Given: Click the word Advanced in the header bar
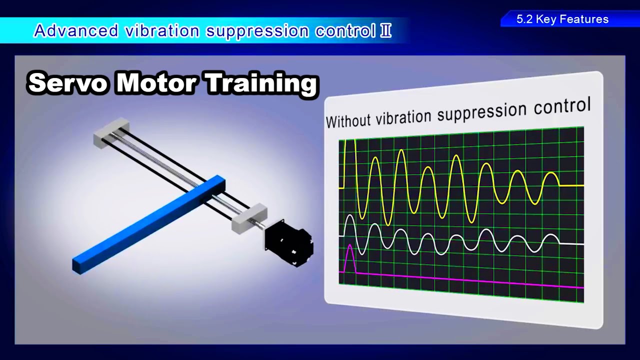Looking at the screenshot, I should click(x=75, y=31).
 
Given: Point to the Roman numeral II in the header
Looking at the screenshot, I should click(x=385, y=31).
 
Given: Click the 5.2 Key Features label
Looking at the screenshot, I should click(x=562, y=19).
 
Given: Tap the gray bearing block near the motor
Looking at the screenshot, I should click(x=248, y=218).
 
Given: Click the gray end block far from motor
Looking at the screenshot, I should click(x=111, y=132).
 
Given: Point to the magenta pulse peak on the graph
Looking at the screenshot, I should click(x=349, y=245).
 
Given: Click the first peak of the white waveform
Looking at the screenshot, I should click(x=350, y=216).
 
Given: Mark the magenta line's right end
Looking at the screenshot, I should click(x=581, y=287).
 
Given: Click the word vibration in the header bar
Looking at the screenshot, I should click(x=162, y=31).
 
